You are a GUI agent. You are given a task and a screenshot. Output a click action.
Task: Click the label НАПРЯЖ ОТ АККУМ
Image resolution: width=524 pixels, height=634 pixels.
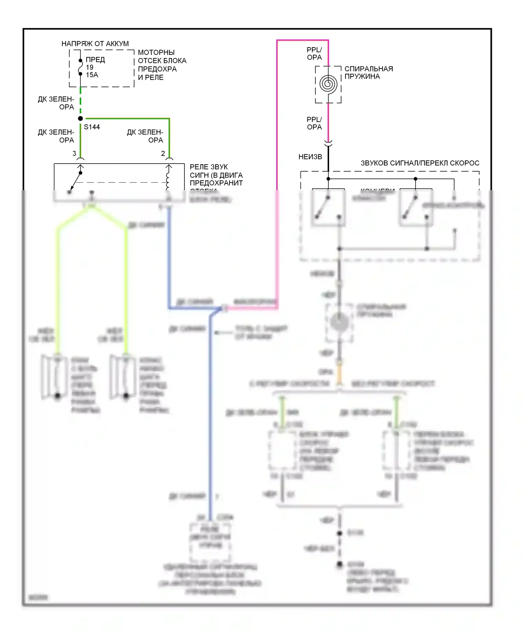95,44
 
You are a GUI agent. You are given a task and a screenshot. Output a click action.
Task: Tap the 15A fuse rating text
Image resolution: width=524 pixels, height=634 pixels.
92,75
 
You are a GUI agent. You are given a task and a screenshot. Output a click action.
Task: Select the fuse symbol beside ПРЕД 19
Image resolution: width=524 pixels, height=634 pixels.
80,67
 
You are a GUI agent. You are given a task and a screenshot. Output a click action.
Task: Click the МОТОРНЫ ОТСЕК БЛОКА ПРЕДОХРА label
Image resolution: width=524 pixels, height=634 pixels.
162,65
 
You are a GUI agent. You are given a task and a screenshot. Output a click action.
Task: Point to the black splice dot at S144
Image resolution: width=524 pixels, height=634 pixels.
80,118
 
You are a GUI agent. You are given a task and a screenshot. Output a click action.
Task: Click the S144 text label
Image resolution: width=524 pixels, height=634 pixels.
92,127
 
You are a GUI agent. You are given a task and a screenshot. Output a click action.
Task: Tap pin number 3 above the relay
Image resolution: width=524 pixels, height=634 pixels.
74,153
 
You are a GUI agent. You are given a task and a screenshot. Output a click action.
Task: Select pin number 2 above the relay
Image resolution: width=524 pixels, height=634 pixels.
163,153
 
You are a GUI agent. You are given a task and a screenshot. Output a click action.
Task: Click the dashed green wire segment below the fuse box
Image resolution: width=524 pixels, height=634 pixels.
80,101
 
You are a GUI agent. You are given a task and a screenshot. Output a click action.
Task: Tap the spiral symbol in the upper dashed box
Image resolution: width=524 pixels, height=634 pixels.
328,84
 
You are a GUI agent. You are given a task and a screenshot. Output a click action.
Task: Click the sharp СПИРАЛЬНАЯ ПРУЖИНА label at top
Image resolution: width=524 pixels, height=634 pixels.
369,72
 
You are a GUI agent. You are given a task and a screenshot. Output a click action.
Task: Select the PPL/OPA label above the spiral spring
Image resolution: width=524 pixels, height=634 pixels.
314,53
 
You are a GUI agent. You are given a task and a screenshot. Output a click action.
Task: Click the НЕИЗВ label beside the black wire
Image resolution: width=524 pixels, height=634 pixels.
310,157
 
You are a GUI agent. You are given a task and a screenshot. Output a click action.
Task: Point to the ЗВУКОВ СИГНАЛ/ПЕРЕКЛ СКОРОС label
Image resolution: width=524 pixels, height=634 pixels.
420,163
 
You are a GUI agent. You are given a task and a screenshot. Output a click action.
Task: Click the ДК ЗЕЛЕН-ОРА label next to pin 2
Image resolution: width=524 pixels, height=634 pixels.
145,136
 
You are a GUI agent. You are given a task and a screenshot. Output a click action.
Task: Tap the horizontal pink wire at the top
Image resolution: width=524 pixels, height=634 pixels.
303,41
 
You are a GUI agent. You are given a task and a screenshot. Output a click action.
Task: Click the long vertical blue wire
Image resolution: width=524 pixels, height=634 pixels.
210,419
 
